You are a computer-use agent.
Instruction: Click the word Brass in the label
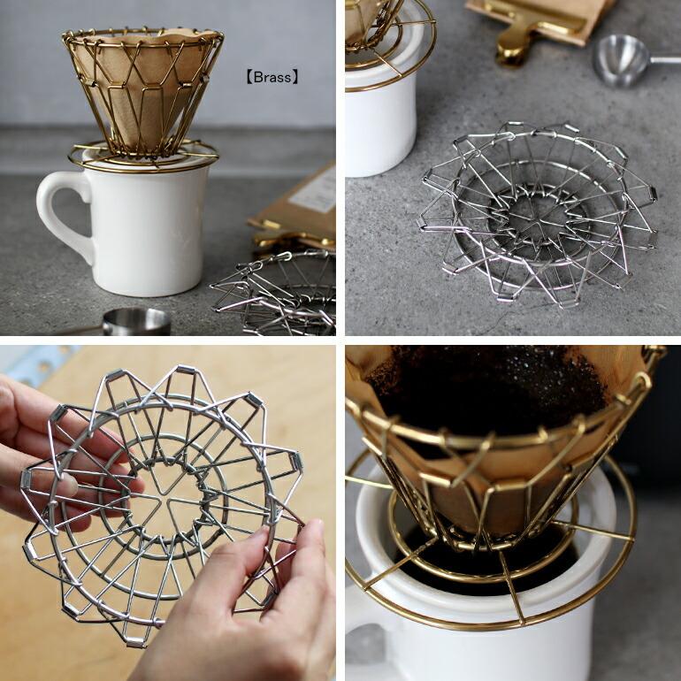[272, 77]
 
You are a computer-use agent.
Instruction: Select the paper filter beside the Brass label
[142, 88]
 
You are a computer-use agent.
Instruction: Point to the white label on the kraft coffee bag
[314, 191]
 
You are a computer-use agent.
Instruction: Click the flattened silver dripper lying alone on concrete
[539, 212]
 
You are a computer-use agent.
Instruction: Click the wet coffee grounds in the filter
[486, 389]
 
